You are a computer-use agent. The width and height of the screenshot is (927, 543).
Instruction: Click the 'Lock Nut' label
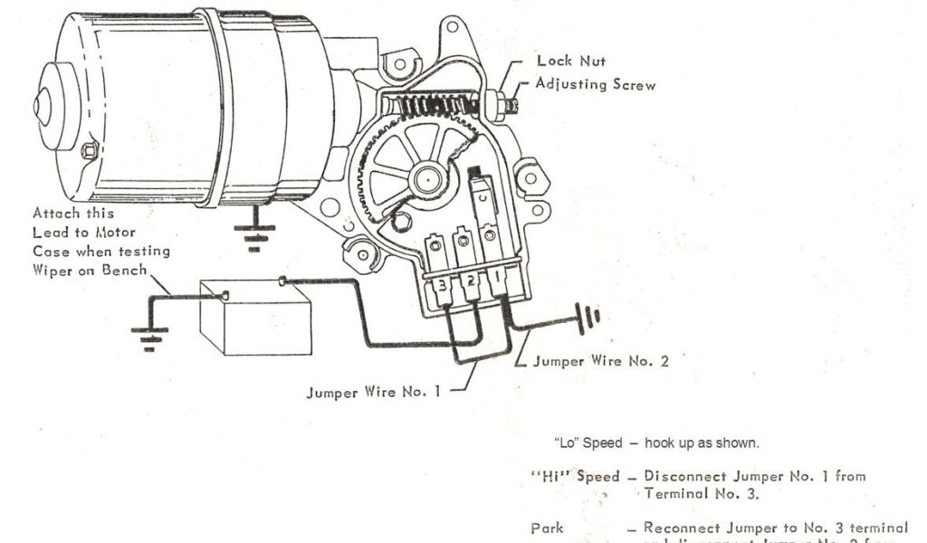tap(572, 62)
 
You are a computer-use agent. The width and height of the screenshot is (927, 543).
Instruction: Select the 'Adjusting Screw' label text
tap(596, 84)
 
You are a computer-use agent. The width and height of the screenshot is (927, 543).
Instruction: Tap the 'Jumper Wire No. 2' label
tap(601, 360)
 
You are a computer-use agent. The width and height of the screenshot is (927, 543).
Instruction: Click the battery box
tap(254, 319)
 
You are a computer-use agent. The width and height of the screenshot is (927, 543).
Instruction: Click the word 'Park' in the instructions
tap(547, 528)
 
